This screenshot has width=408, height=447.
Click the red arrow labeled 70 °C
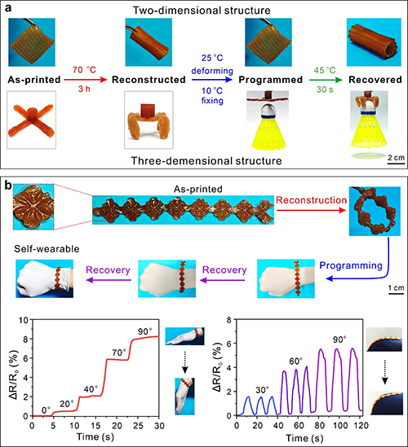85,80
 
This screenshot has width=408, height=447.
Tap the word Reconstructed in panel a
149,80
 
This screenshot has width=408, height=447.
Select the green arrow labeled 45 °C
326,80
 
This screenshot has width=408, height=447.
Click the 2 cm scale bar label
396,157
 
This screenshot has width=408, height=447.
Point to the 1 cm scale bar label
396,287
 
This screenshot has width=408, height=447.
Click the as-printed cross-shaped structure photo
32,120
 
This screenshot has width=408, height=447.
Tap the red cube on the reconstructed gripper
149,111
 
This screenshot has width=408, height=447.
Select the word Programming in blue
351,265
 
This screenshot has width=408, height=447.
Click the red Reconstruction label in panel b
312,200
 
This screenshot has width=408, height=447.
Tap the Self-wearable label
47,249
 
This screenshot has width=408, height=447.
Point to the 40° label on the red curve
91,389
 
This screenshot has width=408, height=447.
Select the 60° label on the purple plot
295,362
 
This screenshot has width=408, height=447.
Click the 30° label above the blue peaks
261,390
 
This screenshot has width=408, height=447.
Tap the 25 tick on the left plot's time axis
138,426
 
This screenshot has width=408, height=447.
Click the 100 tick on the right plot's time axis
340,426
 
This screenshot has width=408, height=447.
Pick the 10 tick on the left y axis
24,319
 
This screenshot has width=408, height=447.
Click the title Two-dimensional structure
202,11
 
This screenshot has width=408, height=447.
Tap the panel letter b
7,186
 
